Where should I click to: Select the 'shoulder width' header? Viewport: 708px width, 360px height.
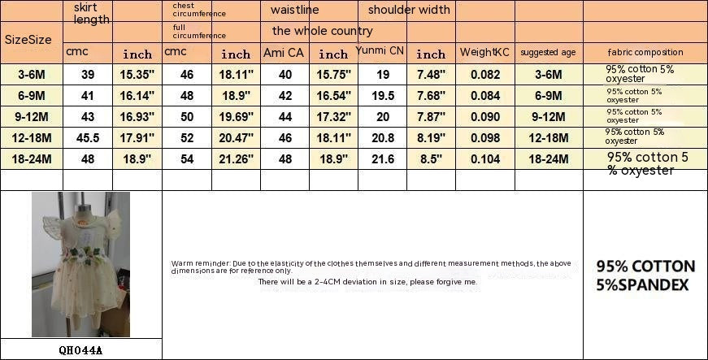(x=408, y=10)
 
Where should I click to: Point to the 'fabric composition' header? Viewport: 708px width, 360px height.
(x=645, y=52)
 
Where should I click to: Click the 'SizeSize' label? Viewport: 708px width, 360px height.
(x=28, y=39)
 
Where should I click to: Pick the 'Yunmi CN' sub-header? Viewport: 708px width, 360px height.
(x=380, y=50)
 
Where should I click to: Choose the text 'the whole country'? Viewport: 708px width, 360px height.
(x=323, y=31)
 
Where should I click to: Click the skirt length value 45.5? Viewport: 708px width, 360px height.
(x=88, y=137)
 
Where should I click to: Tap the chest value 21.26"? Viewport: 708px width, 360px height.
(x=236, y=158)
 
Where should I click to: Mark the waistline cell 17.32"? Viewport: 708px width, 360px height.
(x=333, y=116)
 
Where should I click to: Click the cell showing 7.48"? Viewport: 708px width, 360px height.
(x=431, y=74)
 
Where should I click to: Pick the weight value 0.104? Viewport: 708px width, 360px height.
(x=485, y=158)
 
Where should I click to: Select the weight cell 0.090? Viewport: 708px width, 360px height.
(x=485, y=116)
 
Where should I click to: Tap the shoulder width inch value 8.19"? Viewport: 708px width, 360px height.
(x=431, y=137)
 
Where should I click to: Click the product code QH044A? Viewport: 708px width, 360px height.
(x=80, y=351)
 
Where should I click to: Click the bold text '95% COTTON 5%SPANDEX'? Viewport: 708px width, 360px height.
(x=645, y=275)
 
